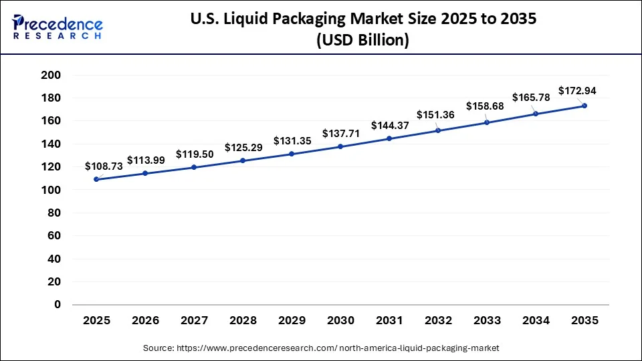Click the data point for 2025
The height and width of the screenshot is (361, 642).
(96, 179)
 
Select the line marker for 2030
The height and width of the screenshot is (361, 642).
(340, 146)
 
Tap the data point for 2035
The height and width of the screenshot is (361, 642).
(584, 106)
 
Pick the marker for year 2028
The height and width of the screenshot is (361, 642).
(243, 160)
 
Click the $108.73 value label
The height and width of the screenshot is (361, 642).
(104, 166)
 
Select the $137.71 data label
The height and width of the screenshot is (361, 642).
(341, 134)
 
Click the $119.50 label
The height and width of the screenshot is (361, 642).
(195, 154)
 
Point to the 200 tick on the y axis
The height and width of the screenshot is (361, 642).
(51, 75)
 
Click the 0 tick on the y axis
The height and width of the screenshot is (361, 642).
(58, 305)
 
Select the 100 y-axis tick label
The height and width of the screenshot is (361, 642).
(51, 190)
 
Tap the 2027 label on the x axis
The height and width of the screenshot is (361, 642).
(194, 321)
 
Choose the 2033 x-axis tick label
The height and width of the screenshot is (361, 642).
(487, 321)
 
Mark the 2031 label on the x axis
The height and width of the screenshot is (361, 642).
(389, 321)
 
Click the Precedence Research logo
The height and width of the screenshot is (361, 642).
(58, 27)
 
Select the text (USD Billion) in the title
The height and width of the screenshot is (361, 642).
(362, 41)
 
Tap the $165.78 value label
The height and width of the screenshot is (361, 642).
(531, 98)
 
